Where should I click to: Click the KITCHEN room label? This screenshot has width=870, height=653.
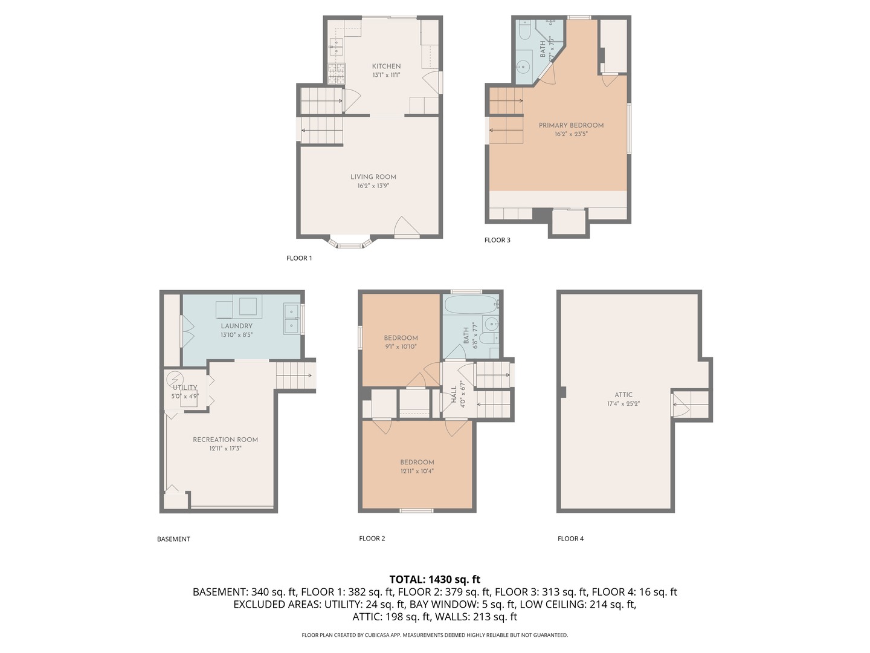tap(386, 67)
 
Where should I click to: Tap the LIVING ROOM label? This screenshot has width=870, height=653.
tap(373, 177)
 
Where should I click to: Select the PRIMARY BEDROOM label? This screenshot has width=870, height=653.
tap(571, 126)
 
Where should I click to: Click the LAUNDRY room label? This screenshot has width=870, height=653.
tap(236, 326)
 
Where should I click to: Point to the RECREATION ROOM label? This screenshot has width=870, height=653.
tap(225, 440)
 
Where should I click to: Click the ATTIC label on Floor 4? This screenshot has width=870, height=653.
tap(623, 395)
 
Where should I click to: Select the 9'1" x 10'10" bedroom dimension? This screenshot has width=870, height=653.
tap(401, 347)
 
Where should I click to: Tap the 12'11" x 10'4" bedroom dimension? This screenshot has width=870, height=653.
tap(417, 471)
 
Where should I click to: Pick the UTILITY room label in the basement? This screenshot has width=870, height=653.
tap(185, 388)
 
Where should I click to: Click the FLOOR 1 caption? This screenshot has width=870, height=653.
tap(299, 258)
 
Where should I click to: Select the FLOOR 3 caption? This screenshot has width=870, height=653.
tap(497, 240)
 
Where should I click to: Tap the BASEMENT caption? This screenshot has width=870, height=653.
tap(173, 539)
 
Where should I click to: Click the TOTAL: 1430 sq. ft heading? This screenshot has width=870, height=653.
tap(434, 579)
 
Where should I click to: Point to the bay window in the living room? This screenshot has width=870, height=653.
tap(349, 242)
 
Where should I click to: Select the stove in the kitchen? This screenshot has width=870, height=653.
tap(336, 73)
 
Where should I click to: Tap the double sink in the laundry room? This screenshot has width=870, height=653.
tap(292, 319)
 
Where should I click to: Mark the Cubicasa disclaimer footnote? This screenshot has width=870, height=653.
tap(434, 635)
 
